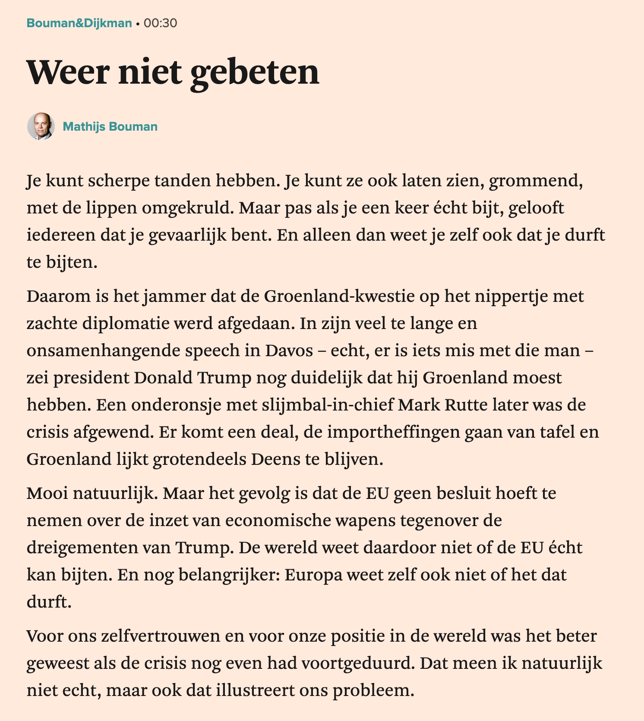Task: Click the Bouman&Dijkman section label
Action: (x=79, y=23)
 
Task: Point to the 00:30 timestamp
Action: (x=160, y=23)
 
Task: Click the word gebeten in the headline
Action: (x=255, y=72)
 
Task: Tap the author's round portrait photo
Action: (x=41, y=126)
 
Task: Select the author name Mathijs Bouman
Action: (x=110, y=126)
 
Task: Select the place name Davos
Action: (x=289, y=351)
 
